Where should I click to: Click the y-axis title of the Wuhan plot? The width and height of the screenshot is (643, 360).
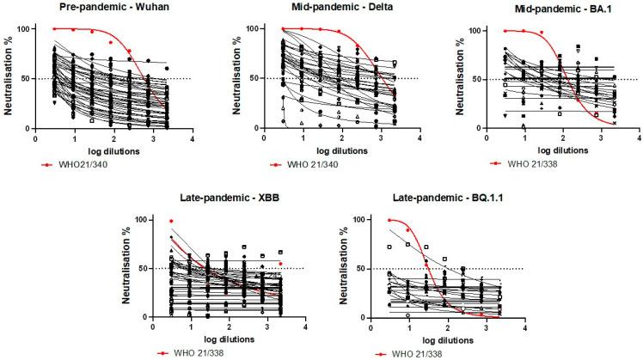pyautogui.click(x=8, y=77)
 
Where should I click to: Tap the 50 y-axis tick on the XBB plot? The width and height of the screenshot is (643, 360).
pyautogui.click(x=139, y=268)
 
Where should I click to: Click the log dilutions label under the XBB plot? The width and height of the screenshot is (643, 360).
pyautogui.click(x=228, y=338)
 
